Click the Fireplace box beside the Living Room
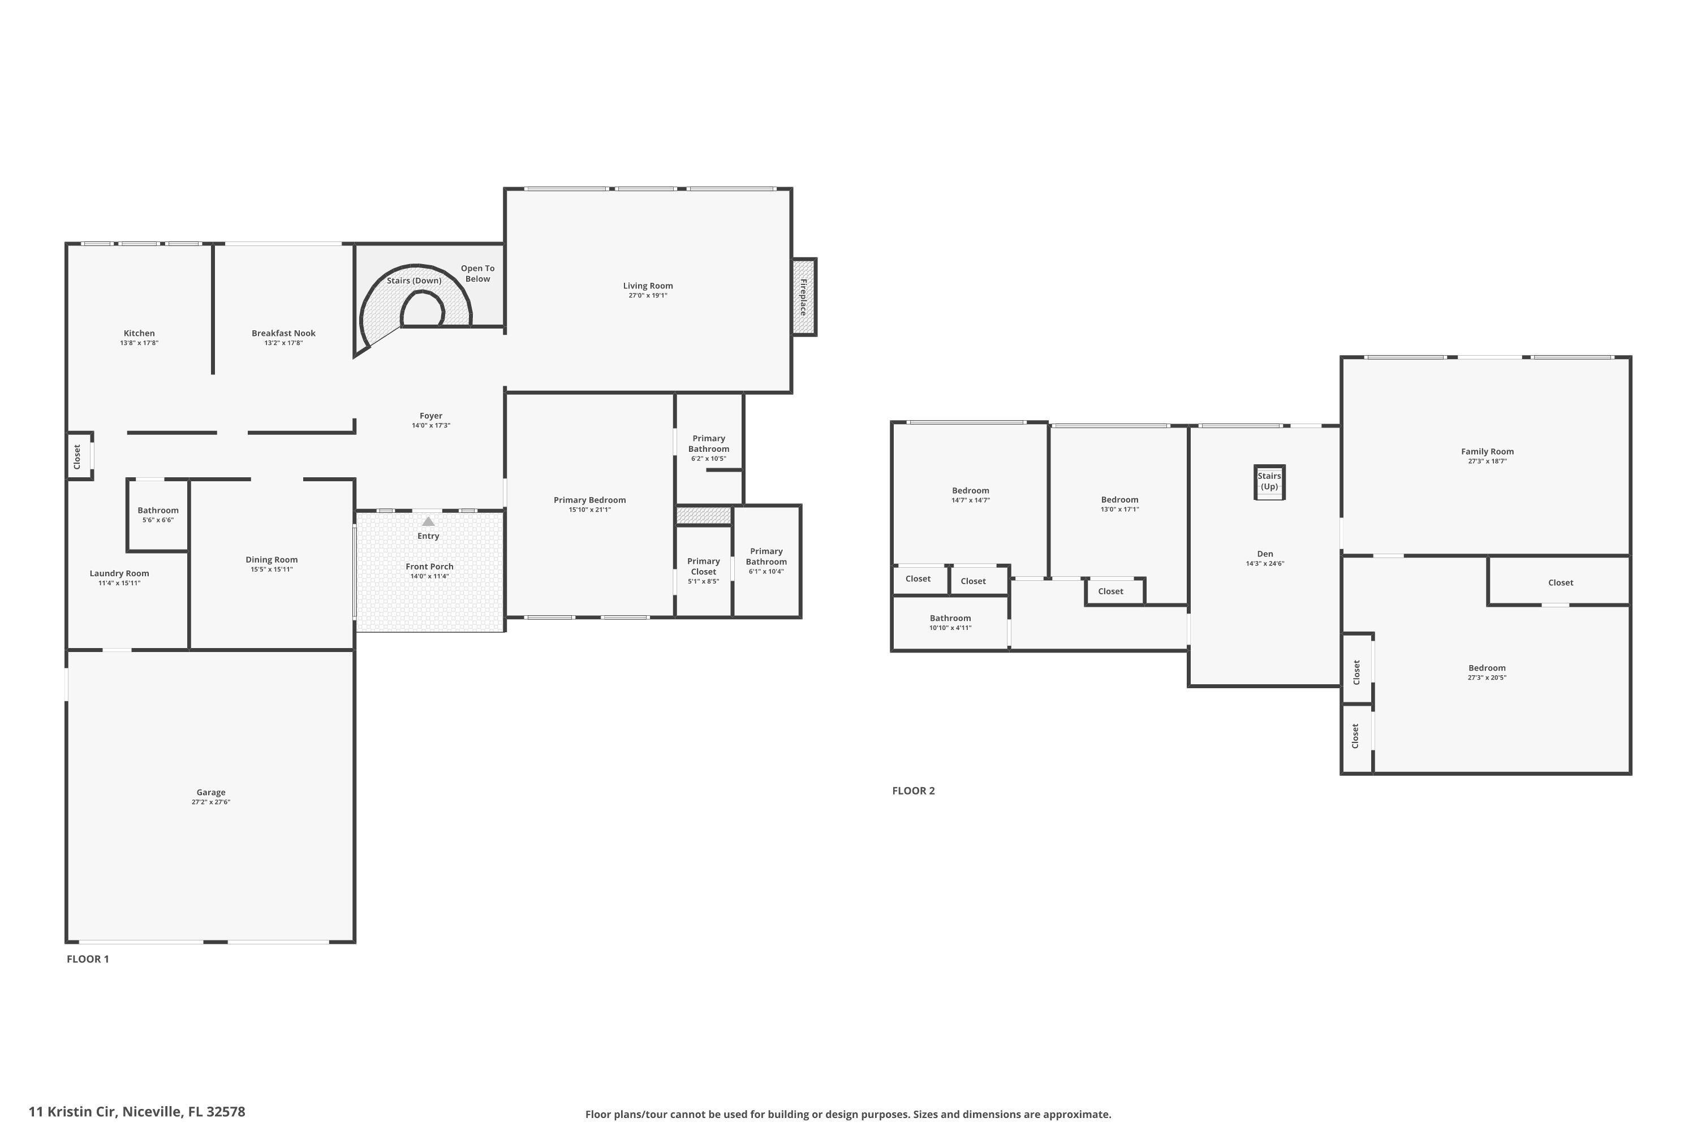pyautogui.click(x=803, y=296)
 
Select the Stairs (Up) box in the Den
pyautogui.click(x=1269, y=482)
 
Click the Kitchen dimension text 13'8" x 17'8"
pyautogui.click(x=139, y=343)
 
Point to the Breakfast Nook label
pyautogui.click(x=283, y=333)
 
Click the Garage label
pyautogui.click(x=210, y=792)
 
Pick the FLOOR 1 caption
pyautogui.click(x=87, y=959)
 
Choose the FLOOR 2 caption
pyautogui.click(x=913, y=791)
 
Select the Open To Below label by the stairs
pyautogui.click(x=477, y=273)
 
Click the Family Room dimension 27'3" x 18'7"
pyautogui.click(x=1487, y=461)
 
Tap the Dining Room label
pyautogui.click(x=272, y=560)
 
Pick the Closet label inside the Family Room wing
pyautogui.click(x=1560, y=583)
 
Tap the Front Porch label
pyautogui.click(x=429, y=567)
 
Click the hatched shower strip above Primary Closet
pyautogui.click(x=704, y=516)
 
